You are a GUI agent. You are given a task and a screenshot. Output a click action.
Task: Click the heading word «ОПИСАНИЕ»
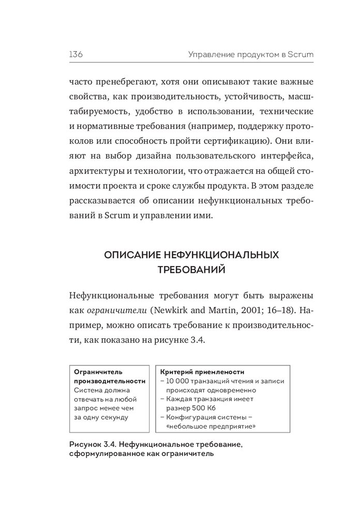[x=132, y=255]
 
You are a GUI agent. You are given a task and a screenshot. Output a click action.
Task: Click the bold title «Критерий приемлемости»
[x=202, y=372]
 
